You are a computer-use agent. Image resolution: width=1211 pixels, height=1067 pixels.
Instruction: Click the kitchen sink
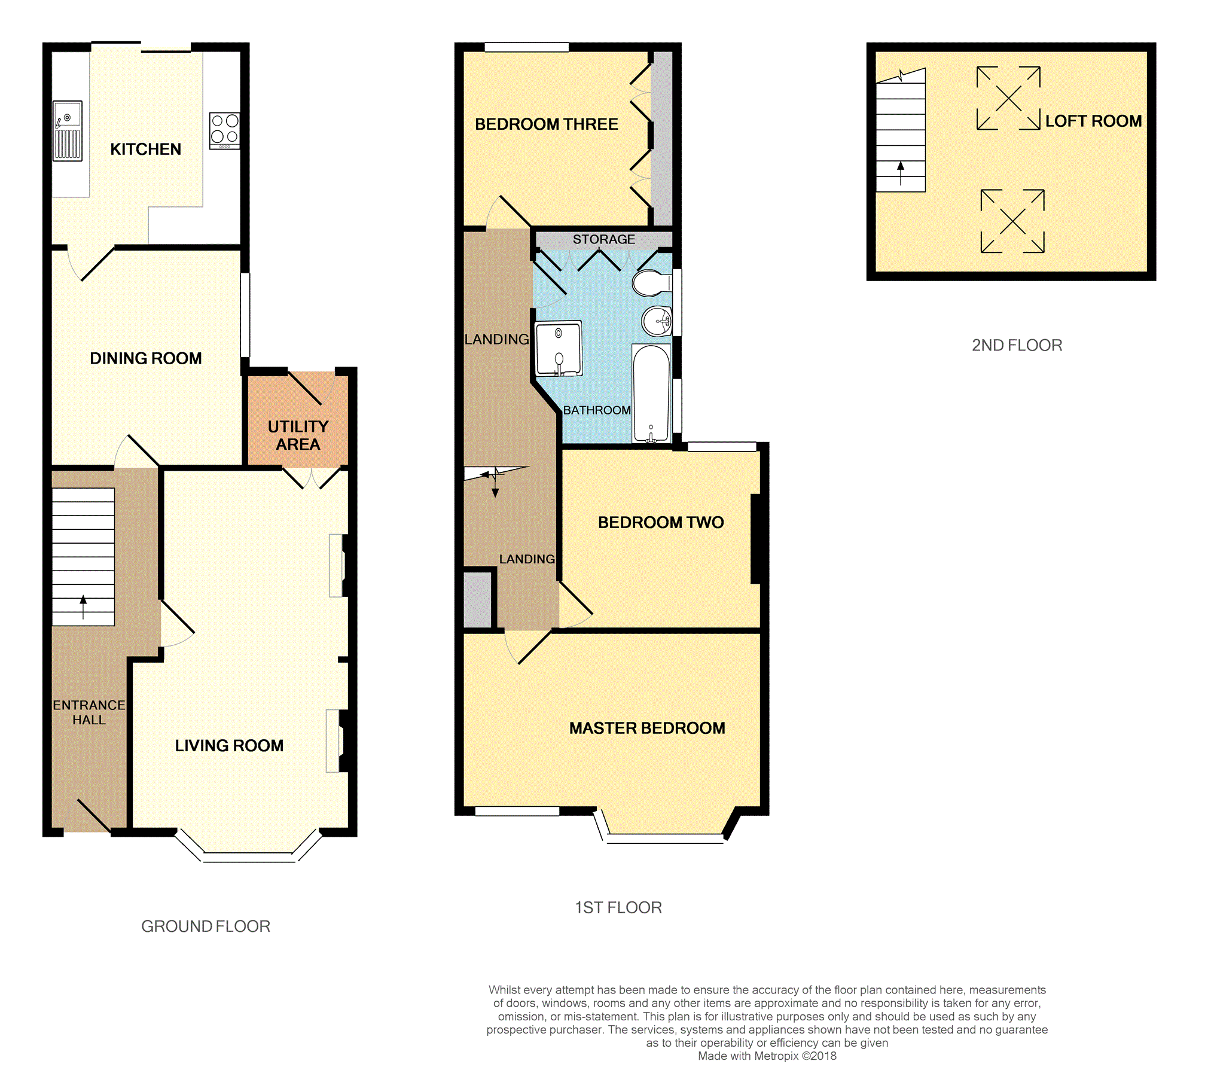tap(68, 130)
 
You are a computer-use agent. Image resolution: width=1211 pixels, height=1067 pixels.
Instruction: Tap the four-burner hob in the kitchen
tap(225, 130)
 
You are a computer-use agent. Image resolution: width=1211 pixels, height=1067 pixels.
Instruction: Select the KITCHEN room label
tap(145, 149)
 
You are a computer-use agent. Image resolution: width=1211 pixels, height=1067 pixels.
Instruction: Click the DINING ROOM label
tap(145, 358)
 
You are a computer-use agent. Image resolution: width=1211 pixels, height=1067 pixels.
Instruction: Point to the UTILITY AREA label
tap(298, 435)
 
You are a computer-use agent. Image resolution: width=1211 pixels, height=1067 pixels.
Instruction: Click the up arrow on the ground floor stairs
tap(83, 607)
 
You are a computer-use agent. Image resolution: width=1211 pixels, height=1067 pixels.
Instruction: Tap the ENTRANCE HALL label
tap(89, 712)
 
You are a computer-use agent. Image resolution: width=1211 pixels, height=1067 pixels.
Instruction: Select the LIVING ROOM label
tap(229, 745)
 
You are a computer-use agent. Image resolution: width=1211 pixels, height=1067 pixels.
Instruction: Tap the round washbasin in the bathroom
tap(657, 321)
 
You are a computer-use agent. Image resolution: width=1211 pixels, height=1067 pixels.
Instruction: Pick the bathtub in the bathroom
tap(651, 394)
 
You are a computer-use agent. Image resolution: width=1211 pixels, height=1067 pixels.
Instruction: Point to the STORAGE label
tap(604, 239)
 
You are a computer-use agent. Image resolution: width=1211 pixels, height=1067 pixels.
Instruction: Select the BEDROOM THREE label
tap(547, 124)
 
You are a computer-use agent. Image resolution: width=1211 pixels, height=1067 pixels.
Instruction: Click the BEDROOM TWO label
tap(661, 522)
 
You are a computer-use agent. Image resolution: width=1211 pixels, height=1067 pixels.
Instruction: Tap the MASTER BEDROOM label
tap(647, 728)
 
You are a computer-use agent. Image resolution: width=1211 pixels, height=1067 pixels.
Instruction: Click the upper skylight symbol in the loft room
tap(1008, 98)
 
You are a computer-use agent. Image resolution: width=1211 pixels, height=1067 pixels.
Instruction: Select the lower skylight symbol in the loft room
tap(1012, 221)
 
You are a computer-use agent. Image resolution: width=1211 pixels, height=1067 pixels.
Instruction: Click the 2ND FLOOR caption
tap(1017, 345)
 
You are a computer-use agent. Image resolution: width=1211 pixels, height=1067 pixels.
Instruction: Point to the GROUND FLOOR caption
tap(206, 926)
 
